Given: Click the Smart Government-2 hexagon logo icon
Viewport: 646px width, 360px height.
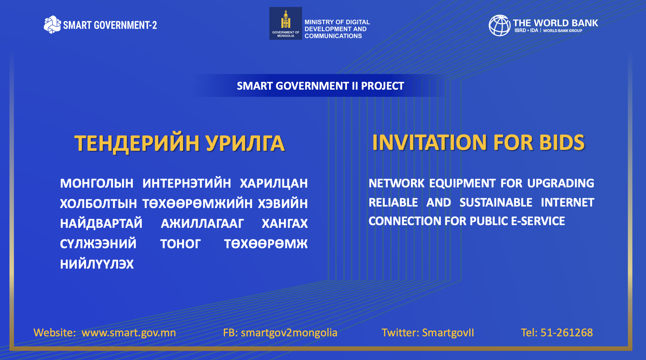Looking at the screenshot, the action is click(x=52, y=25).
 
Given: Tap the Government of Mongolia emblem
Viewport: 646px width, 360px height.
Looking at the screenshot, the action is click(x=286, y=19).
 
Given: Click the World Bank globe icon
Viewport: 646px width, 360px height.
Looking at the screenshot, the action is click(x=499, y=25).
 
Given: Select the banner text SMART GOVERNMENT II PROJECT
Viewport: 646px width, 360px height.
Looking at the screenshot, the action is click(x=320, y=86).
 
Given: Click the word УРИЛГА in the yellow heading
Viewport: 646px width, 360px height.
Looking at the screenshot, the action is click(x=245, y=143).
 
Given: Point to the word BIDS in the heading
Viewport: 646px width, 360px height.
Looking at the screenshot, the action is click(x=562, y=142).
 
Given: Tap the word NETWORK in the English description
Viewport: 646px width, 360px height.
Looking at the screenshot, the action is click(x=396, y=183).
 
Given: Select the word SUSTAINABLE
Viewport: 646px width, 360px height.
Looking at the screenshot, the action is click(x=496, y=202).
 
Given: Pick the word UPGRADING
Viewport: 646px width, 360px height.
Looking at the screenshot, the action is click(x=561, y=183).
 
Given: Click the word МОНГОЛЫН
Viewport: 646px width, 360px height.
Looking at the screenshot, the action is click(x=97, y=183).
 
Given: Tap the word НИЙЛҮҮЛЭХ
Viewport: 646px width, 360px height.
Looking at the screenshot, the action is click(x=97, y=264).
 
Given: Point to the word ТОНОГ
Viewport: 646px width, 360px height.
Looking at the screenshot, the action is click(x=180, y=244).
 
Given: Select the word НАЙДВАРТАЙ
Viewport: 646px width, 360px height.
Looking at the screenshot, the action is click(x=101, y=224).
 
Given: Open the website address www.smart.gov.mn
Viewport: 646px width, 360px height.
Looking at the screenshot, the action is click(x=129, y=333).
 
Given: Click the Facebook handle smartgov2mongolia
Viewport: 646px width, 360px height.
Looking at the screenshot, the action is click(x=289, y=333).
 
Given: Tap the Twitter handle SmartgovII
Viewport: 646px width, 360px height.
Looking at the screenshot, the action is click(x=448, y=333).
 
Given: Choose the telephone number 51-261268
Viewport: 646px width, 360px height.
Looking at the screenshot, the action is click(x=567, y=333).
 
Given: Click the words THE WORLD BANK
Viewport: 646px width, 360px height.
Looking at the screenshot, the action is click(x=555, y=23).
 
